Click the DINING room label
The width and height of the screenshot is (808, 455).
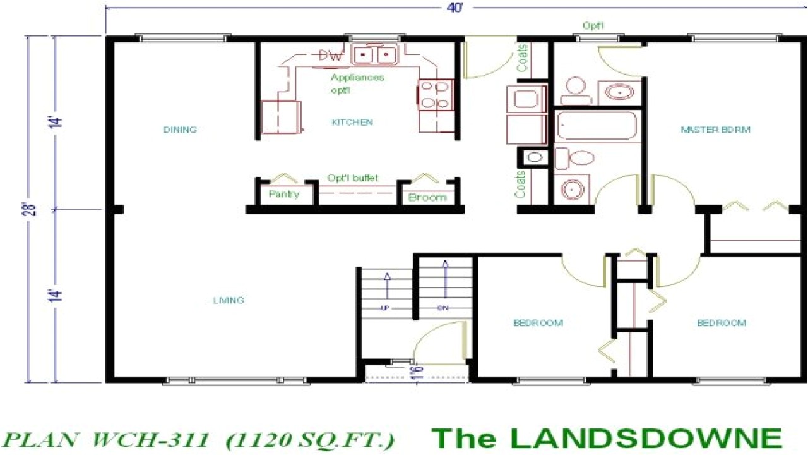pos(180,130)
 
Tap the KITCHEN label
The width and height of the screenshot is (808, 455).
pos(352,122)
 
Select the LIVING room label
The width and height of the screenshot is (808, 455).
pos(229,300)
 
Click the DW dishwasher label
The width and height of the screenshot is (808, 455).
pos(330,56)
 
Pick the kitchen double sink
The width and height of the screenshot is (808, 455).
pos(375,56)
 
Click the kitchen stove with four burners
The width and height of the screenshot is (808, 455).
pos(436,95)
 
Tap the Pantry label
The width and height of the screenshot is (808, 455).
pos(283,194)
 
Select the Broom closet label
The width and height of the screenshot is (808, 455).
pos(427,197)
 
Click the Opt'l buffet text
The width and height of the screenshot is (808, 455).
pos(353,178)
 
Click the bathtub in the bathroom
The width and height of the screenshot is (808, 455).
pos(597,126)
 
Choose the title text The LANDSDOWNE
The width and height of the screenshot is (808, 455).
pos(606,437)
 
